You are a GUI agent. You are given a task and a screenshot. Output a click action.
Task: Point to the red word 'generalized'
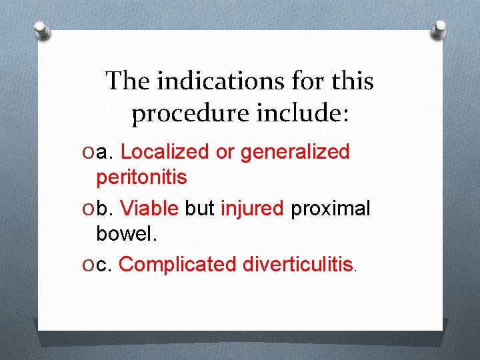295,152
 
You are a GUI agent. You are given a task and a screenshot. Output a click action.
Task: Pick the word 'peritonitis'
141,177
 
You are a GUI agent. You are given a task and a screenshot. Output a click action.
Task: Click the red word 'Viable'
149,209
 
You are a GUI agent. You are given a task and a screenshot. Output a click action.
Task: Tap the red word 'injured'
252,209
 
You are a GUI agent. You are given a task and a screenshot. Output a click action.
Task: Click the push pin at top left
43,31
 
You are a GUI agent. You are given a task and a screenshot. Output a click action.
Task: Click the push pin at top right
439,29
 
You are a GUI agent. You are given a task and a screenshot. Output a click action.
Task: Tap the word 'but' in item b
199,209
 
